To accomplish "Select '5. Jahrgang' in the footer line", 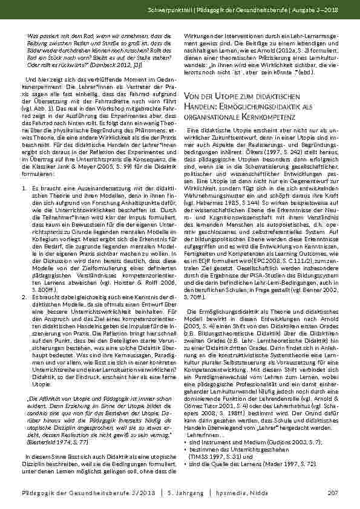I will pos(185,494).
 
